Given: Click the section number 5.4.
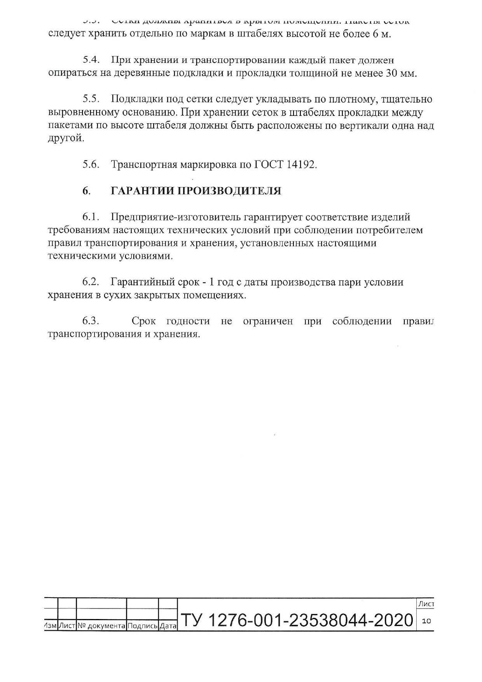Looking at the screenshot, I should tap(91, 60).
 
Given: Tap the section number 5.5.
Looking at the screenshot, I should tap(91, 100).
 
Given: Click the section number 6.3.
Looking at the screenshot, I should tap(91, 322).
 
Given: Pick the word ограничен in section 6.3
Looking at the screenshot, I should tap(268, 322).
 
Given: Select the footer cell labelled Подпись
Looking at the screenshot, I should tap(143, 626).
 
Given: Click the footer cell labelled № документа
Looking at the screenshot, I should tap(102, 626).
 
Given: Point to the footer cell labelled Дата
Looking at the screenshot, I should tap(168, 626).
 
